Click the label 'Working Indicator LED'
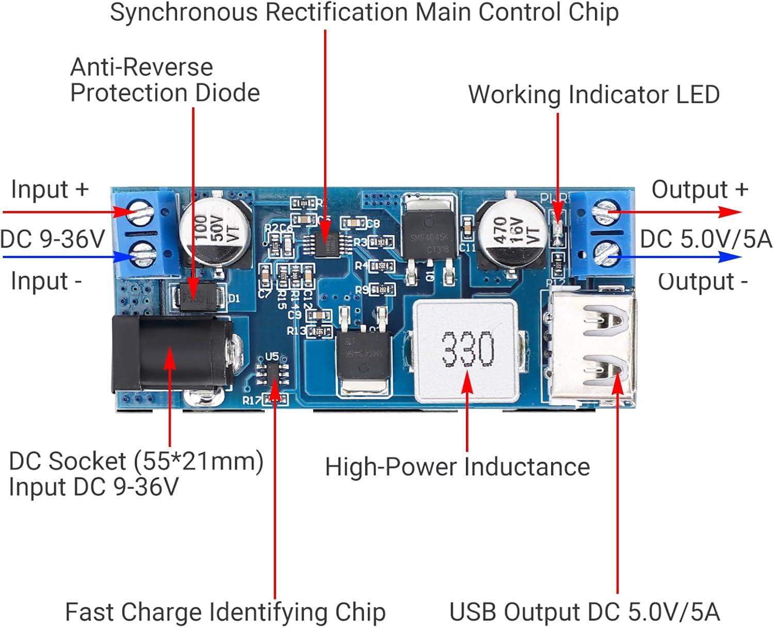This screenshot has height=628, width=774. (x=593, y=95)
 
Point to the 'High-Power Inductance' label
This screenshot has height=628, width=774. (x=457, y=467)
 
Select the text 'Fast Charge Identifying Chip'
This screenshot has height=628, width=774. (x=225, y=613)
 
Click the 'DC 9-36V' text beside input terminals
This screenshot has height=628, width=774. (x=53, y=239)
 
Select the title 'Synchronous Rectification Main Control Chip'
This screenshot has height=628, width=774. (x=364, y=12)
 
